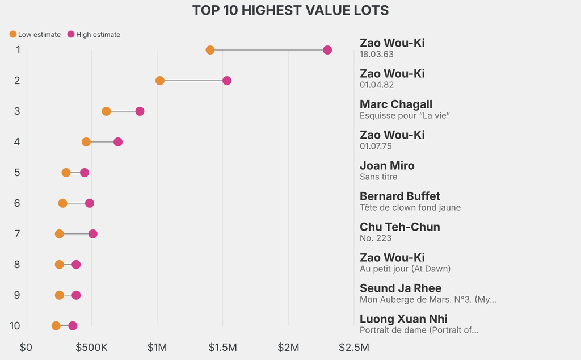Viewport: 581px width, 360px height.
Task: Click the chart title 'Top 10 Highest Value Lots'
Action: coord(290,10)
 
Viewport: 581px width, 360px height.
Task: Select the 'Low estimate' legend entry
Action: coord(35,35)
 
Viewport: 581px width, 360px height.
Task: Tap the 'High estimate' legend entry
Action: coord(94,35)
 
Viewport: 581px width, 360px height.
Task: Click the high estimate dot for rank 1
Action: coord(327,50)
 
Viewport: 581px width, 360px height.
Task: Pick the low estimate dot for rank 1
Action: coord(210,50)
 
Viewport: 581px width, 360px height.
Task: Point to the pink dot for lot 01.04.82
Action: coord(227,81)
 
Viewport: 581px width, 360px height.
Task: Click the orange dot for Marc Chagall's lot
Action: coord(106,111)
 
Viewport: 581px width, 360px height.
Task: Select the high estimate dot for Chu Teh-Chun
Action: coord(93,234)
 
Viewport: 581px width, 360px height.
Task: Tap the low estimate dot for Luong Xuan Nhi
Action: coord(56,326)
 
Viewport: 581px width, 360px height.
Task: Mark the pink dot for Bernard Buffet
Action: coord(89,203)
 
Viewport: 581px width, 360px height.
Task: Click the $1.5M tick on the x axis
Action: coord(223,347)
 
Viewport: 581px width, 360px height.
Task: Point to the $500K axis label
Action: coord(91,347)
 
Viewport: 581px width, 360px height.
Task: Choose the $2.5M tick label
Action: coord(354,347)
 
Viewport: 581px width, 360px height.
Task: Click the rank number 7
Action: coord(17,234)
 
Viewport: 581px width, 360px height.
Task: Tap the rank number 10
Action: coord(15,326)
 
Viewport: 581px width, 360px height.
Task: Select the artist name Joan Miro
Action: coord(387,166)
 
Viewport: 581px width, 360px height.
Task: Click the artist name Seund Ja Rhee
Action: coord(401,288)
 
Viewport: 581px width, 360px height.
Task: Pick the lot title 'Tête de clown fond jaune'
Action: coord(410,207)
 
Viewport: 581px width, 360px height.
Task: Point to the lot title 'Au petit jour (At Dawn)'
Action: coord(405,269)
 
